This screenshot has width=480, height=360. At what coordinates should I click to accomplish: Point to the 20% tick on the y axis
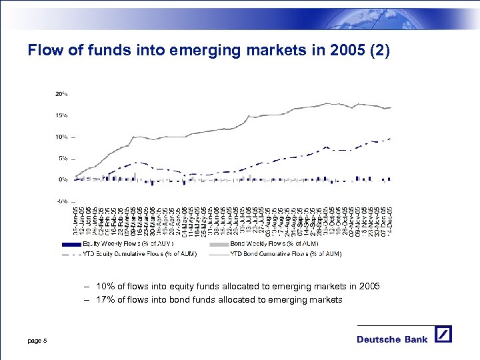point(61,94)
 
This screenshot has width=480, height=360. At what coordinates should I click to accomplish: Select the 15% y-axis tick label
point(61,115)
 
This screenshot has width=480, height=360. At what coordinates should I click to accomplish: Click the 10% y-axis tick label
point(61,137)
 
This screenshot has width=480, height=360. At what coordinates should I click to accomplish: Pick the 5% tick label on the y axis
point(63,158)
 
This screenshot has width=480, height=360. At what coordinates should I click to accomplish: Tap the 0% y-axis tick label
point(63,179)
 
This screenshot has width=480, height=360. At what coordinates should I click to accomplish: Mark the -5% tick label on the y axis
point(61,201)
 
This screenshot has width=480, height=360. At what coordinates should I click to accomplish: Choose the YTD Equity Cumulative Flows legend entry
point(140,253)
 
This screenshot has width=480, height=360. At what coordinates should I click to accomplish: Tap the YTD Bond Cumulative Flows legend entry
point(286,253)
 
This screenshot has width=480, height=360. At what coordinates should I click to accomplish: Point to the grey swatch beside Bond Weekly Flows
point(219,244)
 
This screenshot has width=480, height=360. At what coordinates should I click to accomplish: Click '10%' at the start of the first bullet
point(105,287)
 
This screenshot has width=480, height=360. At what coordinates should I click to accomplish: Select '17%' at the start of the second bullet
point(105,300)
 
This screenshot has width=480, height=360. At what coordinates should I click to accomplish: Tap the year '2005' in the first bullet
point(369,287)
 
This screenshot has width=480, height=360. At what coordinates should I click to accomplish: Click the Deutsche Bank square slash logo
point(445,335)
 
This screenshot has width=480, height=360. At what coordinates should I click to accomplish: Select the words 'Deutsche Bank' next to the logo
point(393,339)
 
